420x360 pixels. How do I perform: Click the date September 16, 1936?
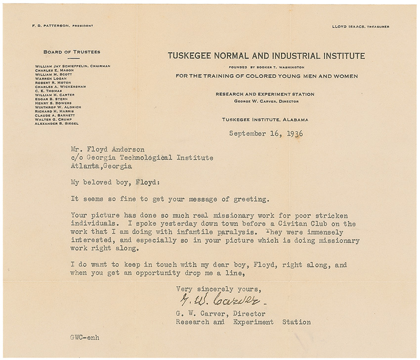click(266, 133)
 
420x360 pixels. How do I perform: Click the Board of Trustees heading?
click(72, 51)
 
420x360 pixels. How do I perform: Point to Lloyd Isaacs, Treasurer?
click(360, 26)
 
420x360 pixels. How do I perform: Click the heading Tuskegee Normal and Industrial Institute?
click(266, 56)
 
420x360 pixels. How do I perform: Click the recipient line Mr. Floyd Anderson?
click(103, 149)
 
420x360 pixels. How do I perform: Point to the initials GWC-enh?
click(85, 339)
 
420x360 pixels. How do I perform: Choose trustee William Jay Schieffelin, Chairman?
click(72, 66)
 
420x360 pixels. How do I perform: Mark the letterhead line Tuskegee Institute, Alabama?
click(265, 120)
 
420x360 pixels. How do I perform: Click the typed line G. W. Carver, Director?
click(221, 314)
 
